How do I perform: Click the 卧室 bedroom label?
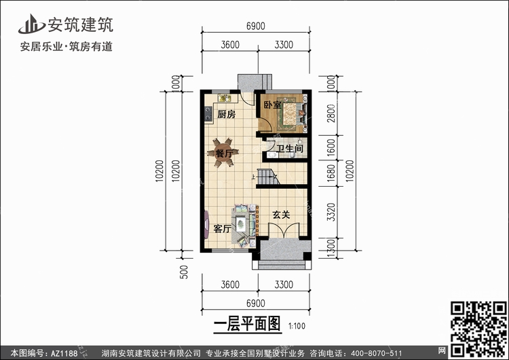tap(272, 105)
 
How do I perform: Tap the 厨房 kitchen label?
tap(226, 114)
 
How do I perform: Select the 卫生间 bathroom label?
tap(290, 149)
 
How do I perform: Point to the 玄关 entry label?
tap(281, 215)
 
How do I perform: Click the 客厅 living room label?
tap(223, 229)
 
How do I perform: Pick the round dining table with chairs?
tap(223, 152)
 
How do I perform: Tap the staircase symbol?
tap(267, 177)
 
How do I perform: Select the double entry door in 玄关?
tap(284, 230)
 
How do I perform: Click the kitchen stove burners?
tap(208, 113)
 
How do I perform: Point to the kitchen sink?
tap(224, 98)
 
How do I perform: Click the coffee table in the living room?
tap(240, 224)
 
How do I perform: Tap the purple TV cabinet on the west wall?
tap(206, 225)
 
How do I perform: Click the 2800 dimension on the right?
tap(331, 113)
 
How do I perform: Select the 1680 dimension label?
tap(331, 173)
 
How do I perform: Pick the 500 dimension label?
tap(184, 272)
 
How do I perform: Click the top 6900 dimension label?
tap(256, 26)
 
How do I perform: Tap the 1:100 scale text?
tap(297, 325)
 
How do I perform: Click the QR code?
tap(478, 329)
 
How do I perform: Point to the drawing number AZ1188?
tap(64, 353)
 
